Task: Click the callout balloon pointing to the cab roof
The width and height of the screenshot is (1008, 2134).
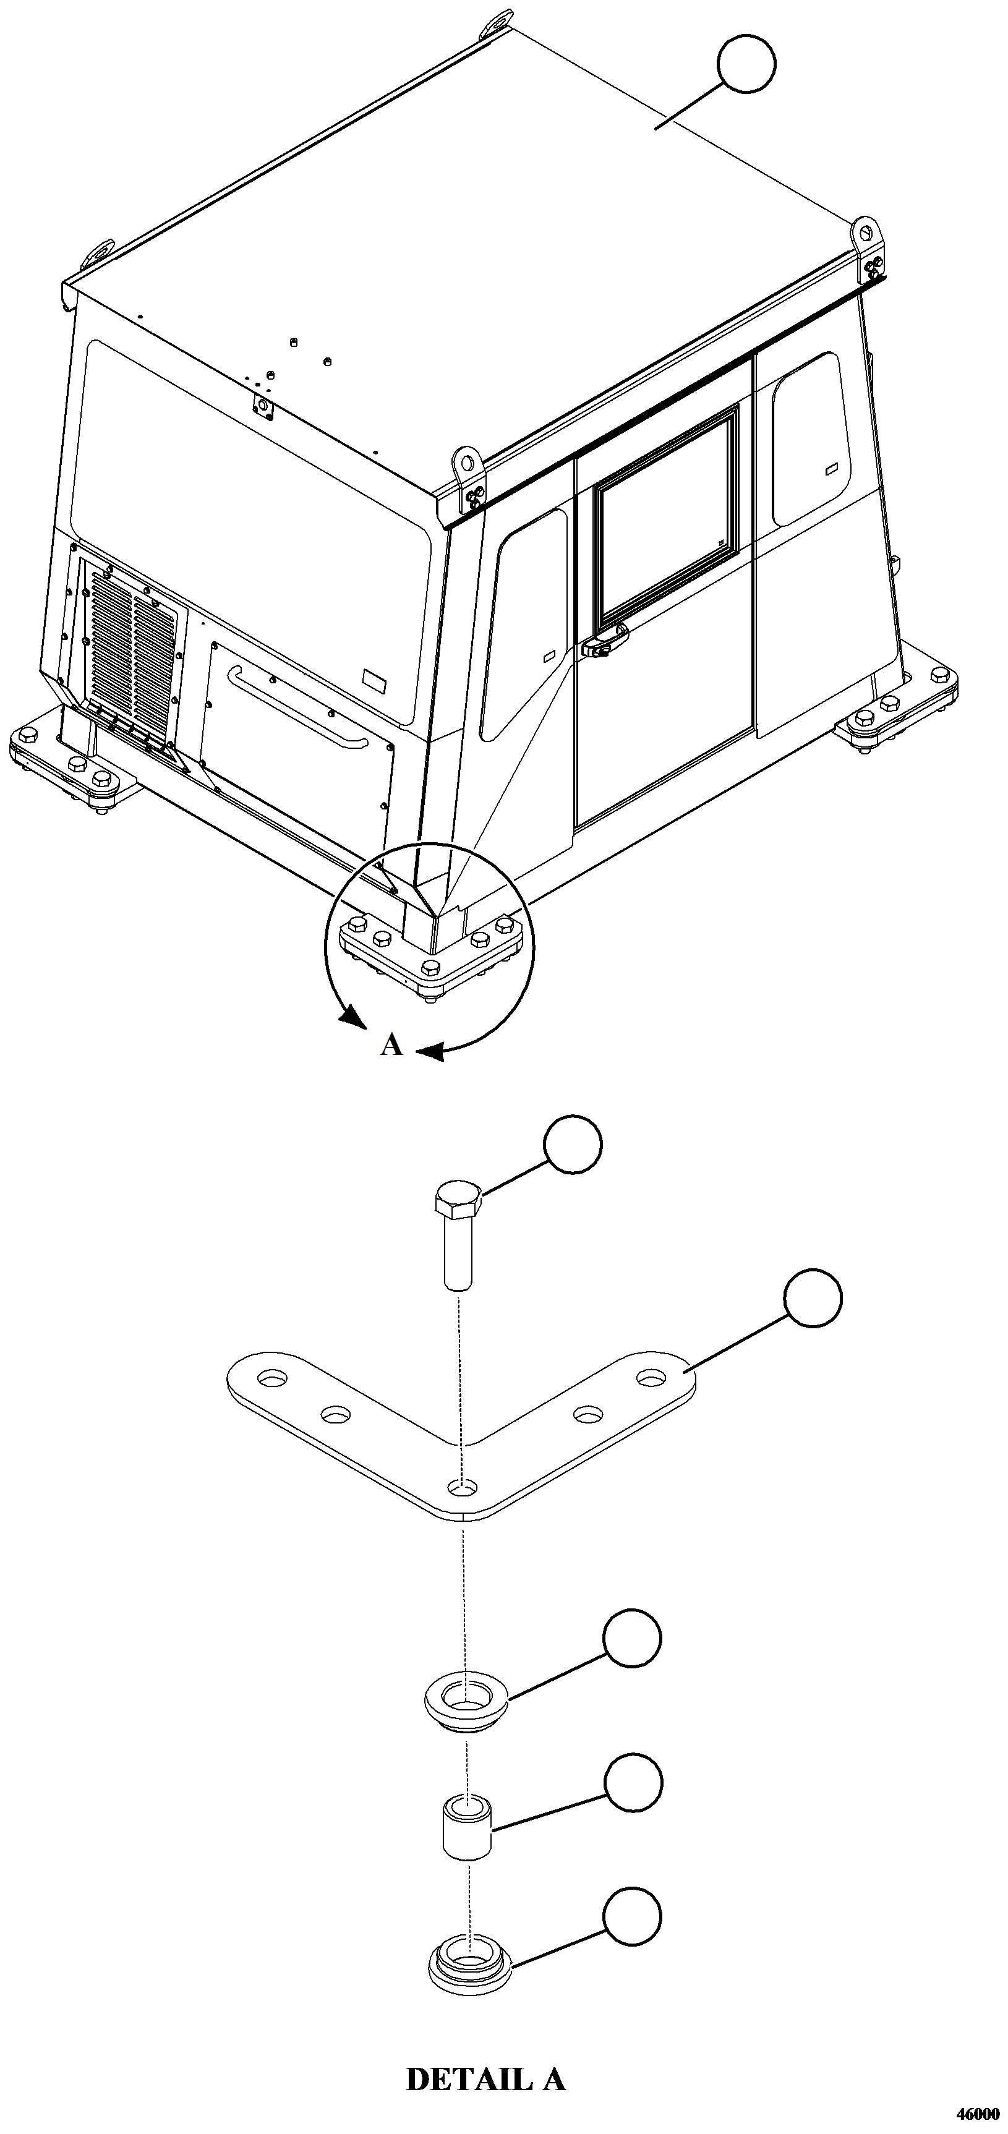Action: [747, 64]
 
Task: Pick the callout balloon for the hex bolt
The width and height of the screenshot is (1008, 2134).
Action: [572, 1144]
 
